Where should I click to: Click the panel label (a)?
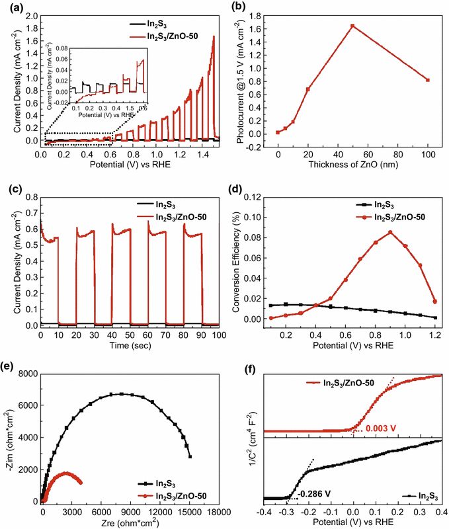pos(13,7)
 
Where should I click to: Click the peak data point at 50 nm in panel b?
pos(352,26)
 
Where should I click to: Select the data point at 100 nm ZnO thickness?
pos(429,80)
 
